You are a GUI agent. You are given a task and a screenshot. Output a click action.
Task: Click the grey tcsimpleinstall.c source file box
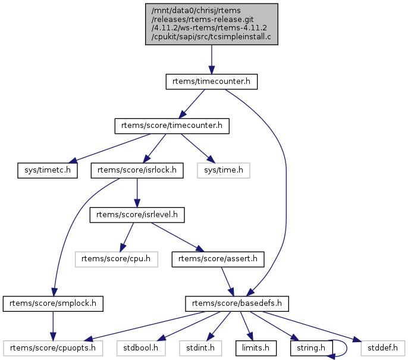click(x=211, y=24)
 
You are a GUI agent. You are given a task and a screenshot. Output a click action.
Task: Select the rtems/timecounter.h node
click(x=211, y=82)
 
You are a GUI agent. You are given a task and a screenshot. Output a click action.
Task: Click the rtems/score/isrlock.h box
click(x=137, y=170)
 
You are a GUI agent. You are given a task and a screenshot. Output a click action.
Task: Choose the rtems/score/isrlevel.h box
click(x=137, y=214)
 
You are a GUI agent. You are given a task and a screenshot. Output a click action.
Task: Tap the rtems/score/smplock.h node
click(x=53, y=303)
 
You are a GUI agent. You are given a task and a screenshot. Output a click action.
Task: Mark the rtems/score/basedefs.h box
click(x=237, y=303)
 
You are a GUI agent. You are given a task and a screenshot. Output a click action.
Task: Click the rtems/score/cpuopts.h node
click(x=53, y=346)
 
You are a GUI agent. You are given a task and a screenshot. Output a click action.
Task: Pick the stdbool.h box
click(x=141, y=346)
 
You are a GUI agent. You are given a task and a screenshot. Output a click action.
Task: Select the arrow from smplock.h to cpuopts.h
click(x=53, y=324)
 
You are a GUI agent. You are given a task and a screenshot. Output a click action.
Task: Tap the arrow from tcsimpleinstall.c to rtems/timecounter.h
click(x=211, y=60)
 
